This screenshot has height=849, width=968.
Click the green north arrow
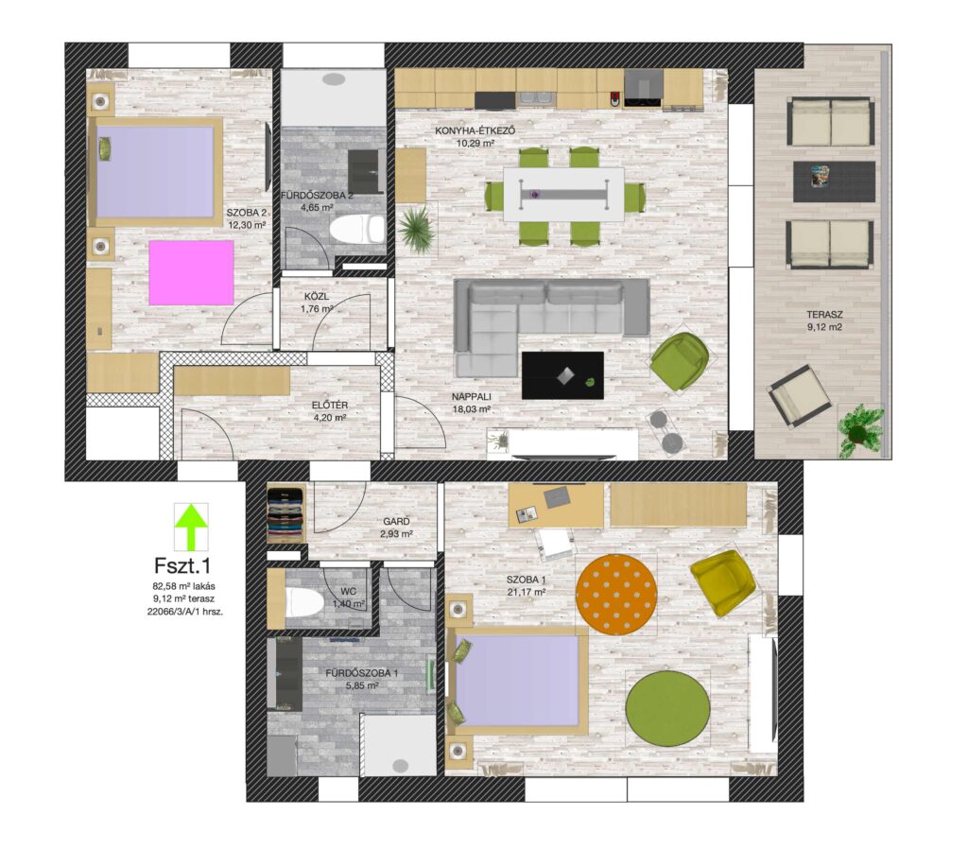tap(191, 527)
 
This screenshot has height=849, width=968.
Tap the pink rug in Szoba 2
tap(191, 272)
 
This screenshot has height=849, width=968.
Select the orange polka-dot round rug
tap(616, 593)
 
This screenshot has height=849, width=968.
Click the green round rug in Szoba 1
tap(667, 707)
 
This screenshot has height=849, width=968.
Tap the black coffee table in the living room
tap(562, 375)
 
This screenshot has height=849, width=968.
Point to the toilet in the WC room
tap(303, 601)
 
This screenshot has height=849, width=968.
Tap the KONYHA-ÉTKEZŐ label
tap(475, 130)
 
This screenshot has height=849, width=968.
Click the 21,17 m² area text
tap(526, 592)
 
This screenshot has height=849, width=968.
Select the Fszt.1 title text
tap(182, 565)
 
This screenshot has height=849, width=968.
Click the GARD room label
tap(396, 522)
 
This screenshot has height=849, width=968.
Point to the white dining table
tap(563, 194)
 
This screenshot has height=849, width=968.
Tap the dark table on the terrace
tap(834, 182)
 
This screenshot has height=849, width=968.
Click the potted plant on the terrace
tap(860, 430)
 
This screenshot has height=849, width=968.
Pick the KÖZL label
tap(317, 296)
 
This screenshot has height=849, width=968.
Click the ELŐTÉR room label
tap(330, 405)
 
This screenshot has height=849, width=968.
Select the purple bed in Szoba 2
tap(156, 171)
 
